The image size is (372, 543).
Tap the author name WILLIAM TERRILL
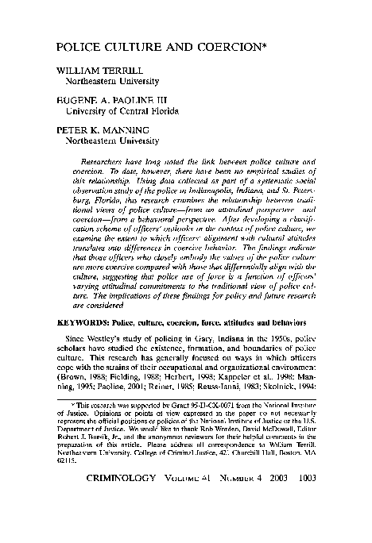pos(91,70)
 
